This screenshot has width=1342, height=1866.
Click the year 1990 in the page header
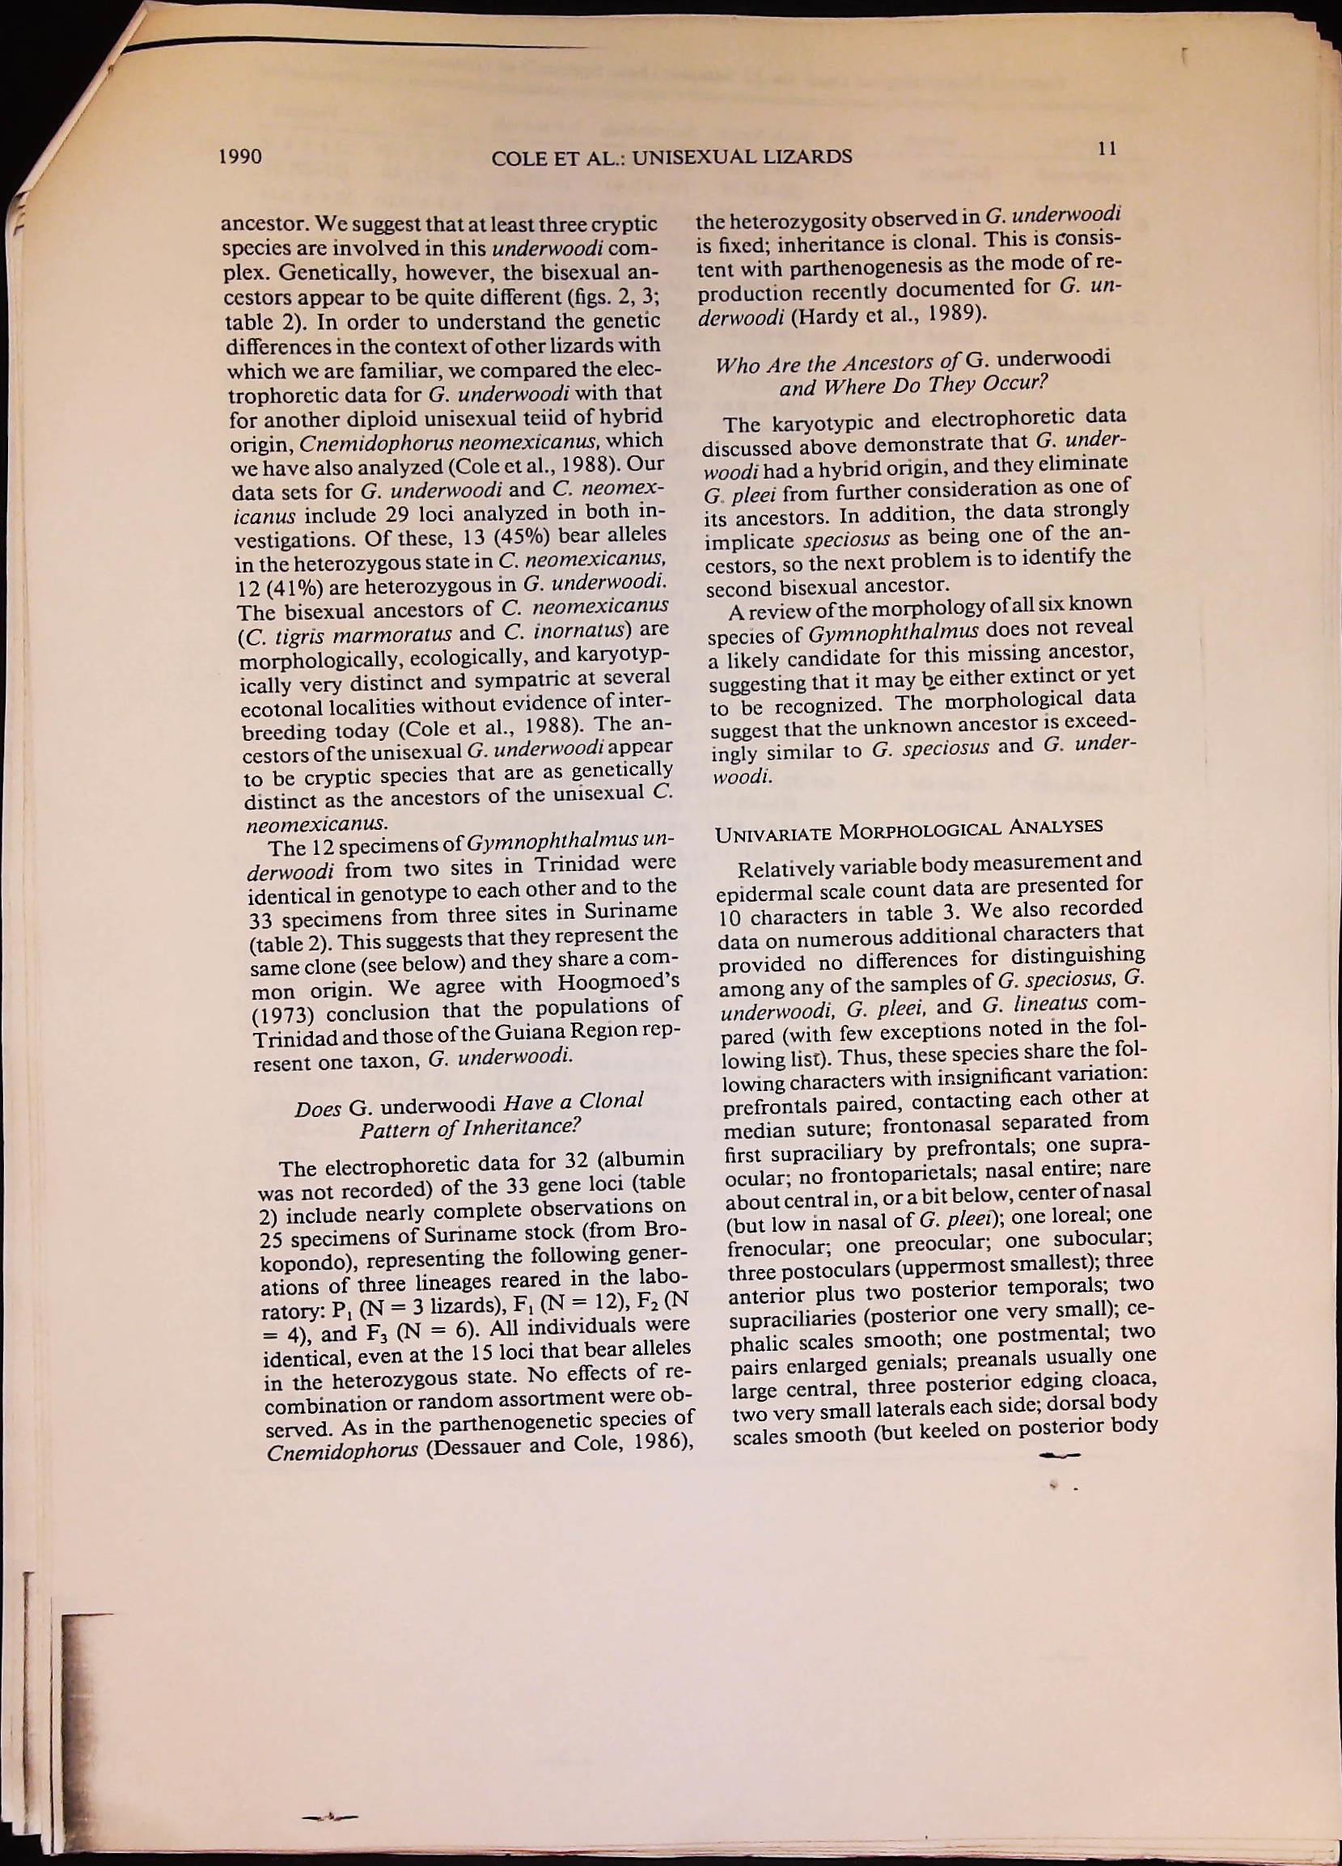click(242, 156)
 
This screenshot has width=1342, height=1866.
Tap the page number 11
click(1107, 148)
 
